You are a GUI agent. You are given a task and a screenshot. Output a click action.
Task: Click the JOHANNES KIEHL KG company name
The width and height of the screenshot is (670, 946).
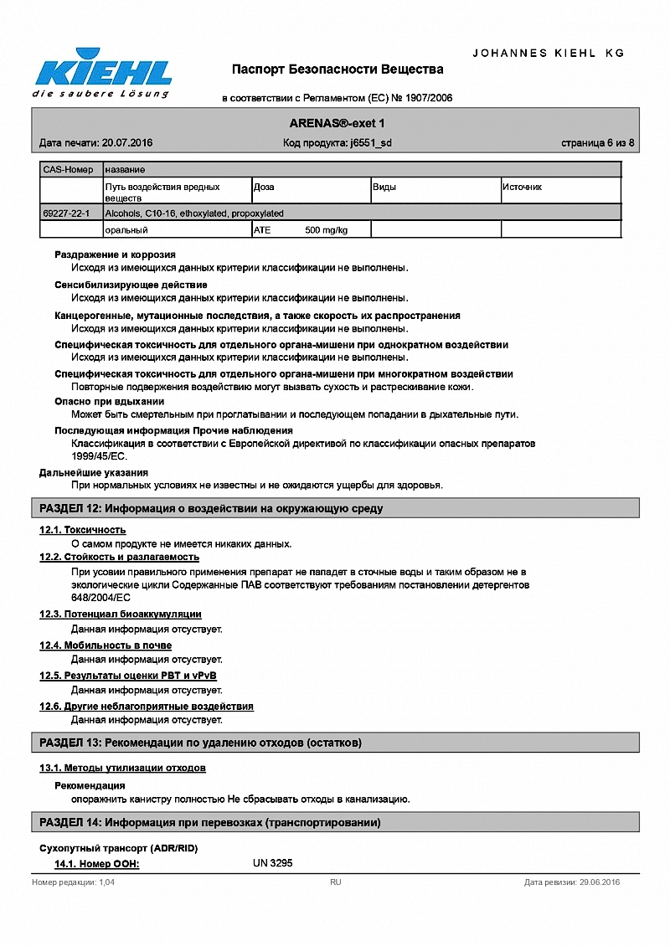(549, 53)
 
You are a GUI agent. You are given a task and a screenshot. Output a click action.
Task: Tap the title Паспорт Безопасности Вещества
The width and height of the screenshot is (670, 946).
(338, 69)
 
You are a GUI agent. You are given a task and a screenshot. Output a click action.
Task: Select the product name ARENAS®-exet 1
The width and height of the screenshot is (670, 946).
(337, 124)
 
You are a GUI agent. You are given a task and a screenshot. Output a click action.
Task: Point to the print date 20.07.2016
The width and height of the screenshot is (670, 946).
(126, 143)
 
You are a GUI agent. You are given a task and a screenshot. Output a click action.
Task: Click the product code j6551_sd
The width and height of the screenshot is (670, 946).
(370, 143)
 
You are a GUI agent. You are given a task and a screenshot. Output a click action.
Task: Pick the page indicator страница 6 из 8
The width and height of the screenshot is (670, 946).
(597, 143)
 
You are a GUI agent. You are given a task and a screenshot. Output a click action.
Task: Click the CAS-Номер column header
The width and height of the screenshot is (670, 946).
(69, 170)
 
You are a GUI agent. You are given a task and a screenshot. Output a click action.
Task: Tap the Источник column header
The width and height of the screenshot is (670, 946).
(522, 188)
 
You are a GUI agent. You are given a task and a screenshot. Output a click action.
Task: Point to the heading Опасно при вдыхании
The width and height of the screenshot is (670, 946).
(110, 402)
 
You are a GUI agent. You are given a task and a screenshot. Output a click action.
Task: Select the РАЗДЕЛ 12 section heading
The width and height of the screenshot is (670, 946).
(211, 508)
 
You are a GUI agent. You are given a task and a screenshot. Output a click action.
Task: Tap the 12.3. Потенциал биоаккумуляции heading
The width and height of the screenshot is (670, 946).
(121, 614)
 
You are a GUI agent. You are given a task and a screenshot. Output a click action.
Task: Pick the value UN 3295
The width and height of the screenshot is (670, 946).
(273, 863)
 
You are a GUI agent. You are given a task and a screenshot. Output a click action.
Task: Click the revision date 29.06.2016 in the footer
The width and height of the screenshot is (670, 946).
(599, 882)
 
